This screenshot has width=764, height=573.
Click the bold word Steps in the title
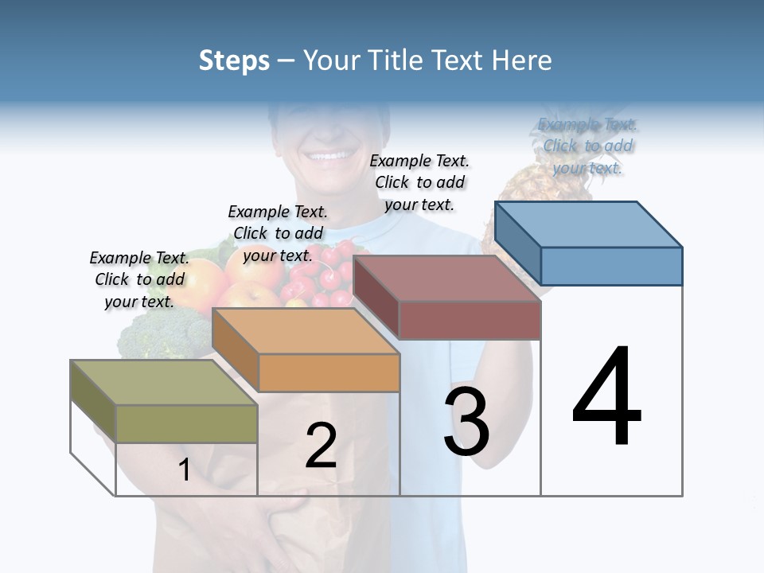[x=234, y=60]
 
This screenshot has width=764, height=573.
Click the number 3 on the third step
[x=466, y=422]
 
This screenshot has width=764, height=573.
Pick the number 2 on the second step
[x=321, y=446]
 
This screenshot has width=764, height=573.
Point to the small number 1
[x=185, y=470]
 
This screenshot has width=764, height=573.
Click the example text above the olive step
[x=139, y=279]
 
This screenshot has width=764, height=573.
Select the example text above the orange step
[x=278, y=233]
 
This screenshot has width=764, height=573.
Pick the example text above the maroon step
[x=419, y=182]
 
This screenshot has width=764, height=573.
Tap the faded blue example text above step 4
[x=587, y=146]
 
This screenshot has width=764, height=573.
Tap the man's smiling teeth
[x=329, y=156]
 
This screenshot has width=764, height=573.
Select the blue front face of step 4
[x=611, y=266]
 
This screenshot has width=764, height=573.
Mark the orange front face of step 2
[x=329, y=372]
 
